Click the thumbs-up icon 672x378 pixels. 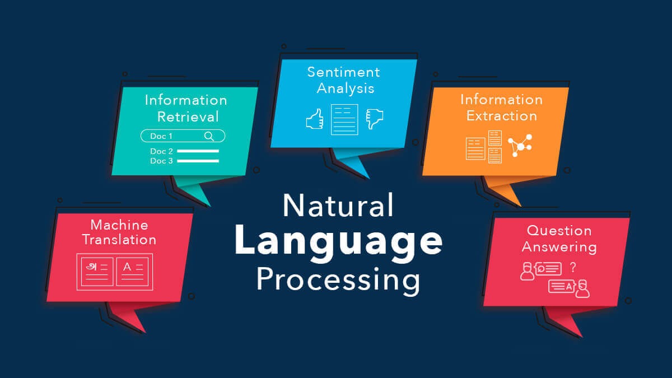315,119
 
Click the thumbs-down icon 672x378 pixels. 375,119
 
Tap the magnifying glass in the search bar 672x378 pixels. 209,136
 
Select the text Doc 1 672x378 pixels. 161,136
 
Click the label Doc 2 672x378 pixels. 161,151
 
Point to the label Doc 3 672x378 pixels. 161,161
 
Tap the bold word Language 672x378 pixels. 338,244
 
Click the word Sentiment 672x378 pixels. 344,72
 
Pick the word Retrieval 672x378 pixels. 188,116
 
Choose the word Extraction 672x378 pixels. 502,116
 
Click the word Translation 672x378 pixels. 119,240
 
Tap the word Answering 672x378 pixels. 559,248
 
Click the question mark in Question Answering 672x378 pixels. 573,267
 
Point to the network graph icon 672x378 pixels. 520,146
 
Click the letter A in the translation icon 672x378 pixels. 127,267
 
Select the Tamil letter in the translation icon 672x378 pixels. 91,267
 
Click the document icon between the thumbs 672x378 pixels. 344,119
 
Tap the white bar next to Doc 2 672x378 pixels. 198,151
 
